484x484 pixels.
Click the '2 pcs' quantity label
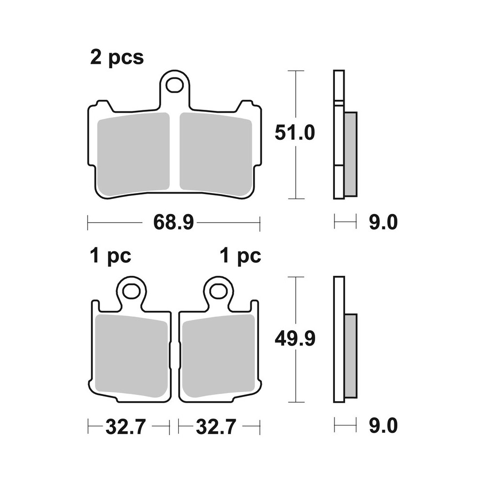(x=117, y=58)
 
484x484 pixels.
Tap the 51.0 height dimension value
(x=295, y=133)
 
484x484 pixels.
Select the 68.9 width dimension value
(x=173, y=223)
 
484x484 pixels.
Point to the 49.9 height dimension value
(x=295, y=339)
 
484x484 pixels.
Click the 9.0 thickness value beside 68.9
(x=383, y=223)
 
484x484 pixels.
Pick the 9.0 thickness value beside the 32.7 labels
(x=383, y=427)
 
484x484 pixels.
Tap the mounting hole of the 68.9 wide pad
(x=174, y=85)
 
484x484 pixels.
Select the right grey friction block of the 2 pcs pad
(x=215, y=152)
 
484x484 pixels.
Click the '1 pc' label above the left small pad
(x=110, y=256)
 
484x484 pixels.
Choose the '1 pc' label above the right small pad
(x=240, y=256)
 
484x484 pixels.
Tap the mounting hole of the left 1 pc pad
(x=131, y=291)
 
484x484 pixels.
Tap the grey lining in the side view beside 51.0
(x=350, y=154)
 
